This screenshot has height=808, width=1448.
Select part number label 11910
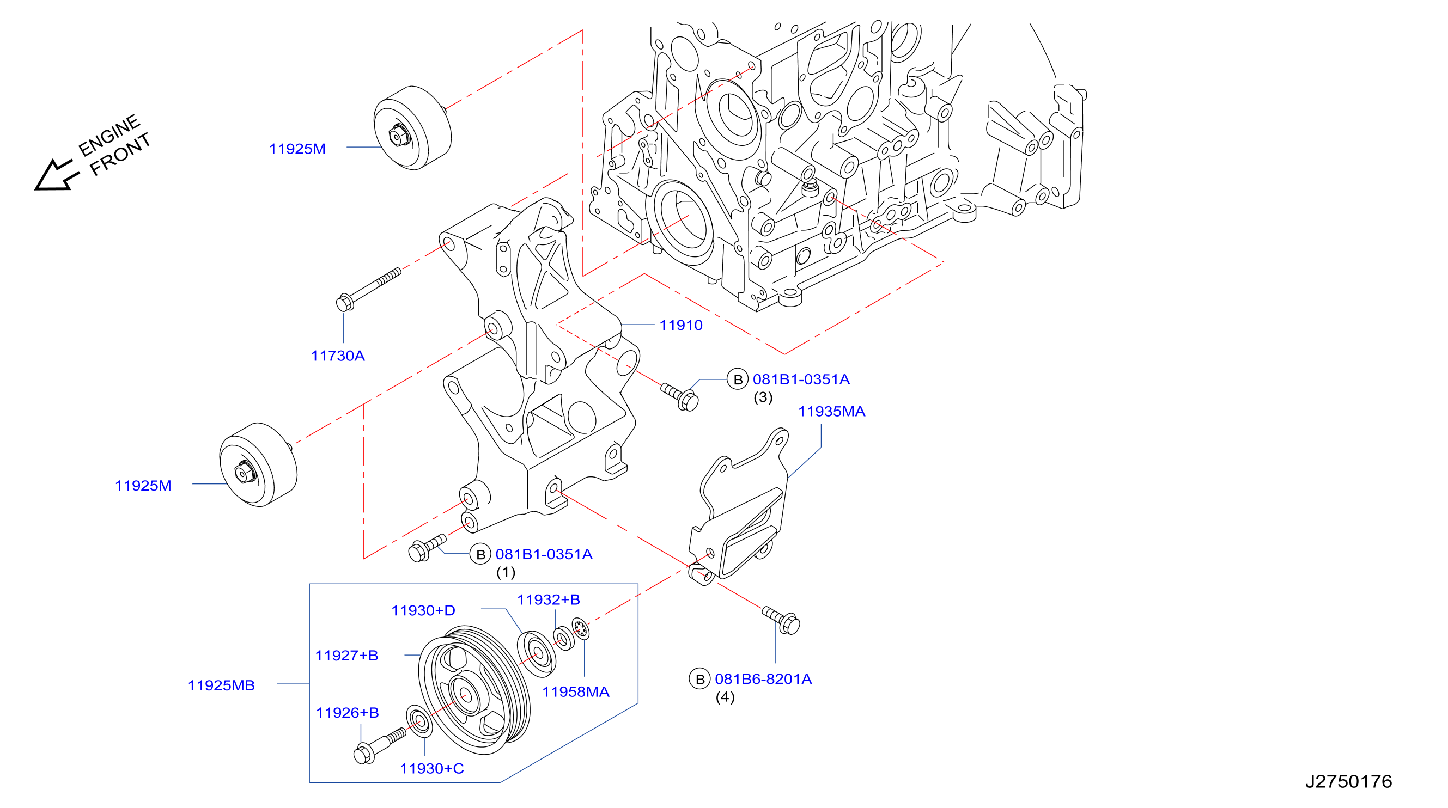[x=681, y=325]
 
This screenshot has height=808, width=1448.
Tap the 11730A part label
[x=338, y=356]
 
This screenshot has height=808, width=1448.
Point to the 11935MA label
[x=831, y=411]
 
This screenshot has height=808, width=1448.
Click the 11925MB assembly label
[x=221, y=685]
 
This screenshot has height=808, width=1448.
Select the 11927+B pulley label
[x=346, y=655]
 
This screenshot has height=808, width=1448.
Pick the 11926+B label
[x=348, y=713]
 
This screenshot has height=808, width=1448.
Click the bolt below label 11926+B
[x=379, y=745]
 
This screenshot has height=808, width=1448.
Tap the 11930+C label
[x=431, y=768]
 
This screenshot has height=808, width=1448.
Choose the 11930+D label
[x=423, y=610]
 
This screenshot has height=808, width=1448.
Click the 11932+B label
[x=548, y=599]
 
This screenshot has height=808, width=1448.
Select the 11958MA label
[x=576, y=691]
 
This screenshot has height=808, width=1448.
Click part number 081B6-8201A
[x=763, y=679]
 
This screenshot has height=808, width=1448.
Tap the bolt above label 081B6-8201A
[x=781, y=620]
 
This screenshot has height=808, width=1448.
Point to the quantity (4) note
[x=725, y=697]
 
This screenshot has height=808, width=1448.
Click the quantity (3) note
[x=763, y=397]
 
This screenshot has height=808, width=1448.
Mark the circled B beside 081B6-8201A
[x=700, y=680]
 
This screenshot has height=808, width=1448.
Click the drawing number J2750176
[x=1348, y=781]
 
